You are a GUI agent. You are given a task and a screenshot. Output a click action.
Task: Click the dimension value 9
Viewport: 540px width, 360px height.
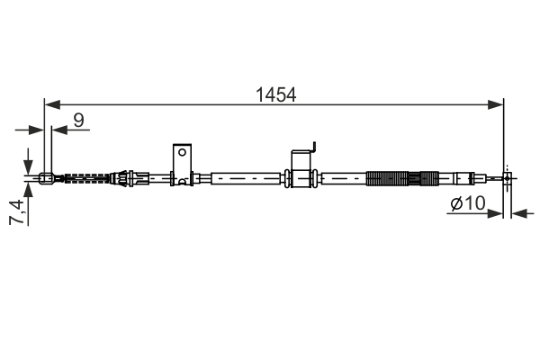[x=79, y=119]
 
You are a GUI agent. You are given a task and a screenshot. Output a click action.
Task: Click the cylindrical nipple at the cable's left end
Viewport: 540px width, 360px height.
[x=47, y=178]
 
